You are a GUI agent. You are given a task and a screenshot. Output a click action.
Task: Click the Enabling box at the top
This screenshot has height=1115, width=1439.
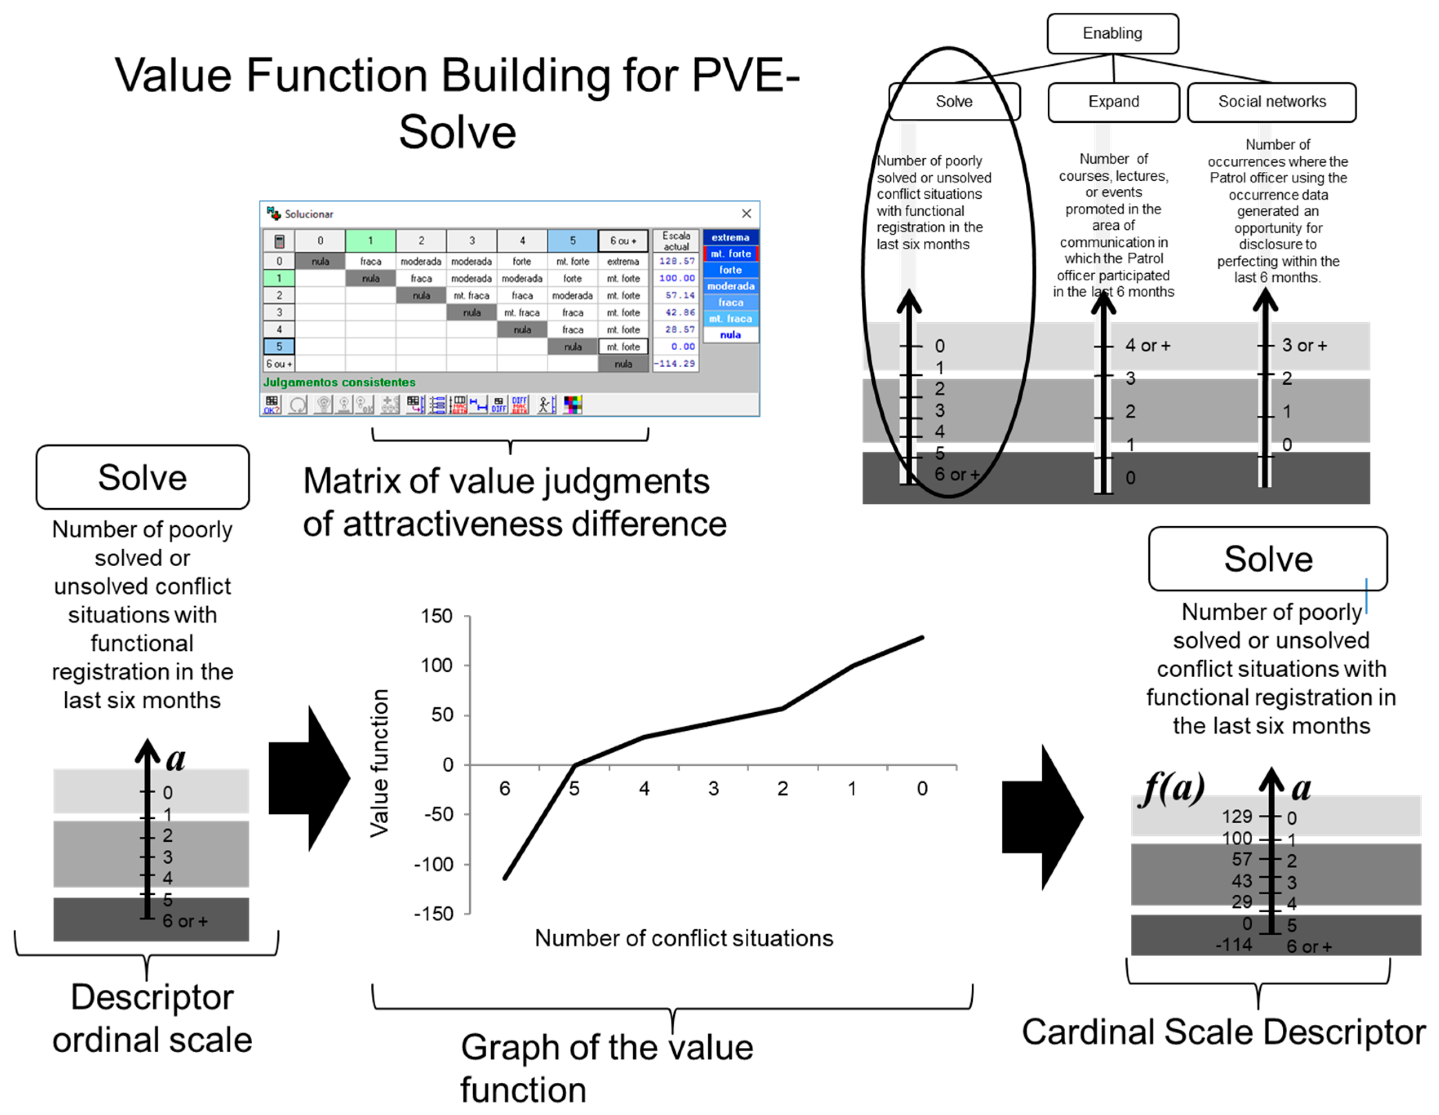pos(1112,33)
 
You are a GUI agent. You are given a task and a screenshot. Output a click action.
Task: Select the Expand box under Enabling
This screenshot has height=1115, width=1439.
pos(1113,102)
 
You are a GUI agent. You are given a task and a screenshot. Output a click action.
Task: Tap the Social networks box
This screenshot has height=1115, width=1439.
pos(1271,102)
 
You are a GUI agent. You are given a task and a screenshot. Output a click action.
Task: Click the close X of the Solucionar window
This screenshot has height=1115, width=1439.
pos(746,213)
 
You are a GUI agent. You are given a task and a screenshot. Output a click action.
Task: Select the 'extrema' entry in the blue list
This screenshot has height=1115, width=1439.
pos(730,237)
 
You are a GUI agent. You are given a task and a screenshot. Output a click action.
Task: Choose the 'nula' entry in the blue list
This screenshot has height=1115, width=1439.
pos(730,335)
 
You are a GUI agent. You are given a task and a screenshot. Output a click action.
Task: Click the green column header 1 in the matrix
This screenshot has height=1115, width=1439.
pos(370,241)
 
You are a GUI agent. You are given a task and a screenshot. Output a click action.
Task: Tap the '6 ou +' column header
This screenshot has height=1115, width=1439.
pos(623,241)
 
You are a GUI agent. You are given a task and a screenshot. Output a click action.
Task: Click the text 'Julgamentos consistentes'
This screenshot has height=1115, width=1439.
pos(339,382)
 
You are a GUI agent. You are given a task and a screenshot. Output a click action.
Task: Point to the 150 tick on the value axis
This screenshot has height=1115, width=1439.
pos(437,616)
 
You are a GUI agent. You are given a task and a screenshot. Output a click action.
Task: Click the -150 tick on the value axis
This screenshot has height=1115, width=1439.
pos(434,914)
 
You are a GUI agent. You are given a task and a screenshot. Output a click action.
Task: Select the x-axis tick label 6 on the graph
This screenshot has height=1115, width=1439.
pos(505,789)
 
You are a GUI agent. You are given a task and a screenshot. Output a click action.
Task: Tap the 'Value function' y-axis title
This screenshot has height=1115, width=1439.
pos(379,763)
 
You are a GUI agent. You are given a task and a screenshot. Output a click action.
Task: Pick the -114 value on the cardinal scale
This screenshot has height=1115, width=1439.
pos(1233,945)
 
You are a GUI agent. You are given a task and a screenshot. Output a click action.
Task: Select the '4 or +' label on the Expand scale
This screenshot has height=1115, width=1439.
pos(1148,345)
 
